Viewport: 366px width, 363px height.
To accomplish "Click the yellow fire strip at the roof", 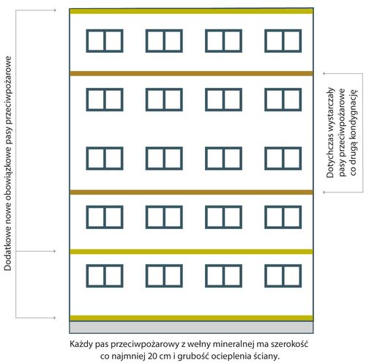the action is tap(191, 11).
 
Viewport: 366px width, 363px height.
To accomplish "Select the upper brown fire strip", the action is tap(191, 73).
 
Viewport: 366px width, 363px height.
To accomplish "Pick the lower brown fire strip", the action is tap(191, 192).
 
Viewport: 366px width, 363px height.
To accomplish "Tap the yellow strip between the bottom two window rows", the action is tap(191, 252).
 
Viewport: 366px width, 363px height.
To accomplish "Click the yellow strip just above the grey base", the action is tap(191, 318).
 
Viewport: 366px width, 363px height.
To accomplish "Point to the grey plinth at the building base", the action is tap(191, 327).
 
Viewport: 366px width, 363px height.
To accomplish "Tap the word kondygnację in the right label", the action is tap(353, 112).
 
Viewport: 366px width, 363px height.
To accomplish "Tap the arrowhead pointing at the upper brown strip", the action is tap(324, 73).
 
